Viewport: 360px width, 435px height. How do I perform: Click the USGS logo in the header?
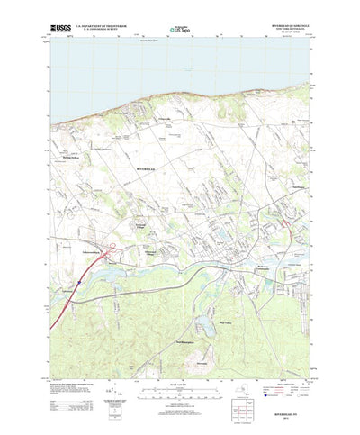click(x=63, y=29)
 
